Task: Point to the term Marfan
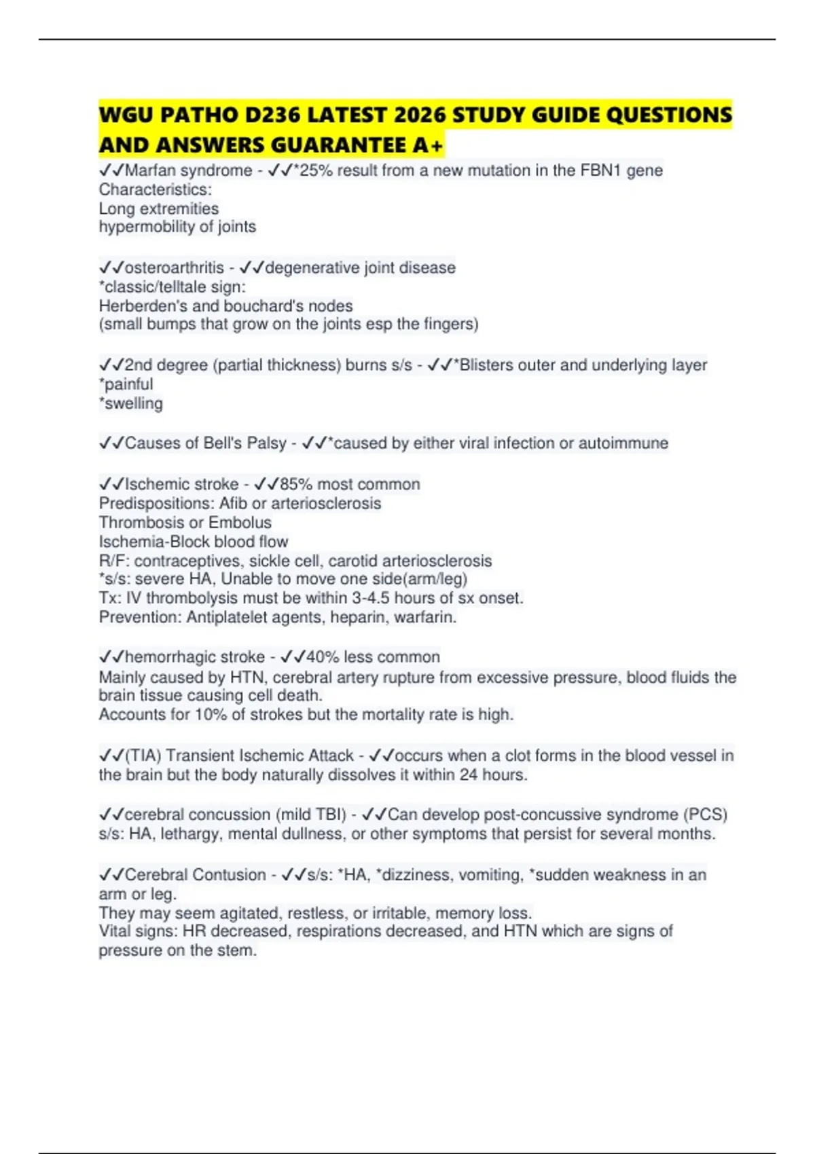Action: tap(149, 170)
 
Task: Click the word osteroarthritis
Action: tap(175, 267)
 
